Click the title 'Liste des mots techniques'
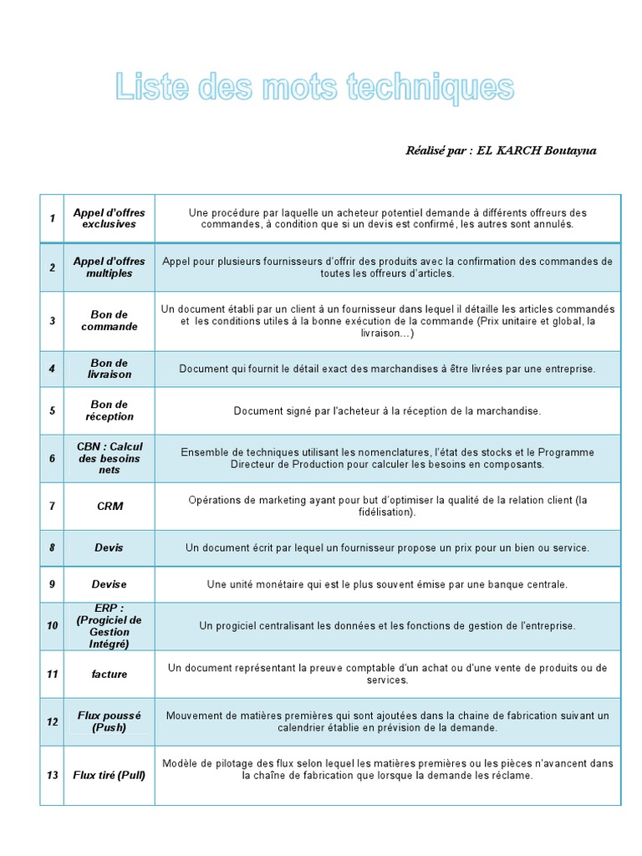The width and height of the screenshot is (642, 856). pyautogui.click(x=314, y=88)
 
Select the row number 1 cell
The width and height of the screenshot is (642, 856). pyautogui.click(x=52, y=218)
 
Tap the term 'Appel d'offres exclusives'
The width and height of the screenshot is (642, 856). pyautogui.click(x=109, y=218)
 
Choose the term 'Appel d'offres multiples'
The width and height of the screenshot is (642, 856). pyautogui.click(x=109, y=267)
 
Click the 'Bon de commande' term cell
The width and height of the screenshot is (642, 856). pyautogui.click(x=109, y=320)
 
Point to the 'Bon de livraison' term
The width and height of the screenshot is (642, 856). pyautogui.click(x=109, y=369)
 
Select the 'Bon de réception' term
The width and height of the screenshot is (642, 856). pyautogui.click(x=109, y=410)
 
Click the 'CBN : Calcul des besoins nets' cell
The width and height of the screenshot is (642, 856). pyautogui.click(x=109, y=458)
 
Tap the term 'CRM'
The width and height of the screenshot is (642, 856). pyautogui.click(x=109, y=506)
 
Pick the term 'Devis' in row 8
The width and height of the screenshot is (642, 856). pyautogui.click(x=109, y=548)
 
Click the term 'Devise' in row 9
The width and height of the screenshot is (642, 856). pyautogui.click(x=109, y=583)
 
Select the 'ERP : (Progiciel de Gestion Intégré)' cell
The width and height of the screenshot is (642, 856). pyautogui.click(x=109, y=626)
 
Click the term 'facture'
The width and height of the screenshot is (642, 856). pyautogui.click(x=109, y=673)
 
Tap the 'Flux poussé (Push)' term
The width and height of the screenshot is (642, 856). pyautogui.click(x=109, y=721)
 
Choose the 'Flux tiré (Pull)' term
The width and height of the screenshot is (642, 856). pyautogui.click(x=109, y=775)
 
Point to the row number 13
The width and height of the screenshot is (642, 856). pyautogui.click(x=52, y=775)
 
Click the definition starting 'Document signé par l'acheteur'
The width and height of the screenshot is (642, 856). pyautogui.click(x=387, y=410)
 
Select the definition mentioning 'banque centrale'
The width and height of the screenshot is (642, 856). pyautogui.click(x=387, y=583)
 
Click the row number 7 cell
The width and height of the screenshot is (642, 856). pyautogui.click(x=52, y=506)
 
